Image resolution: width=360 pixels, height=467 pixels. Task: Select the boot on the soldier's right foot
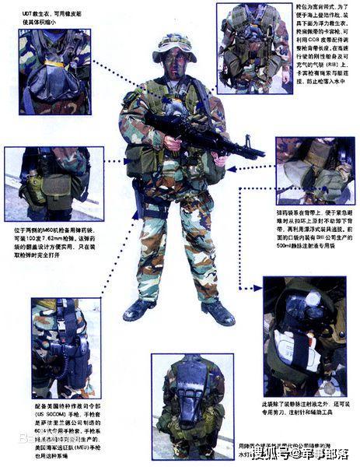(x=139, y=310)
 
